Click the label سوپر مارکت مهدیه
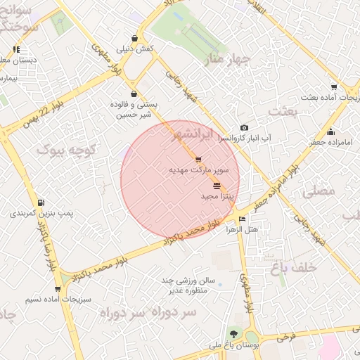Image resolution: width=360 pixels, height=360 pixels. pyautogui.click(x=199, y=170)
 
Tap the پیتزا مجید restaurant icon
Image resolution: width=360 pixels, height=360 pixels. pyautogui.click(x=216, y=186)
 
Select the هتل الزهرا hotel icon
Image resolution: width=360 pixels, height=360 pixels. pyautogui.click(x=243, y=219)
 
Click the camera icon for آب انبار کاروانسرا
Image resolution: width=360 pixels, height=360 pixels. pyautogui.click(x=243, y=127)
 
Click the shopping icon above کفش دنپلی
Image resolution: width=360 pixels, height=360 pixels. pyautogui.click(x=134, y=38)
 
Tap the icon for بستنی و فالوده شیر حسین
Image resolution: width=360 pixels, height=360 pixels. pyautogui.click(x=134, y=94)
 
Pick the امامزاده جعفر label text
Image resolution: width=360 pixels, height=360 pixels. pyautogui.click(x=333, y=142)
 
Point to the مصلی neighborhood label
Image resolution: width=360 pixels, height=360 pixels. pyautogui.click(x=318, y=191)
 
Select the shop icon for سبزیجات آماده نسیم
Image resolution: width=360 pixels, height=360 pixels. pyautogui.click(x=57, y=288)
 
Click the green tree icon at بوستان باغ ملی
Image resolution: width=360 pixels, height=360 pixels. pyautogui.click(x=233, y=333)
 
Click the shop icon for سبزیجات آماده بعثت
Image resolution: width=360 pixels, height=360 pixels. pyautogui.click(x=333, y=88)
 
